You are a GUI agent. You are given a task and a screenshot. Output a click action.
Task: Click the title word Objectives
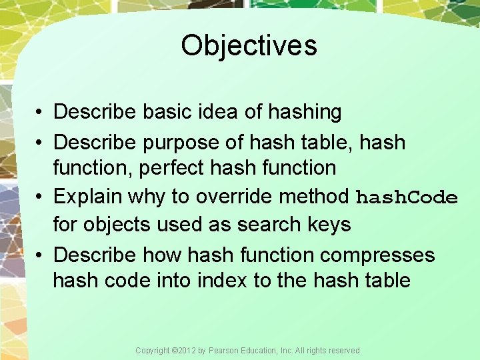coord(249,46)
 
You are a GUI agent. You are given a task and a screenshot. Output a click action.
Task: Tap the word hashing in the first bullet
coord(305,112)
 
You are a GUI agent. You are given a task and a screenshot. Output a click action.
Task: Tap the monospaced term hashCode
coord(407,198)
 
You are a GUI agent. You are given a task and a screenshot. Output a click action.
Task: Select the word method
coord(317,197)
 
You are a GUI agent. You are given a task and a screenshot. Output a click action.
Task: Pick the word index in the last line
coord(221,280)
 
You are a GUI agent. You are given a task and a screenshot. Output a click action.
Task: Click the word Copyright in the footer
coord(152,351)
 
